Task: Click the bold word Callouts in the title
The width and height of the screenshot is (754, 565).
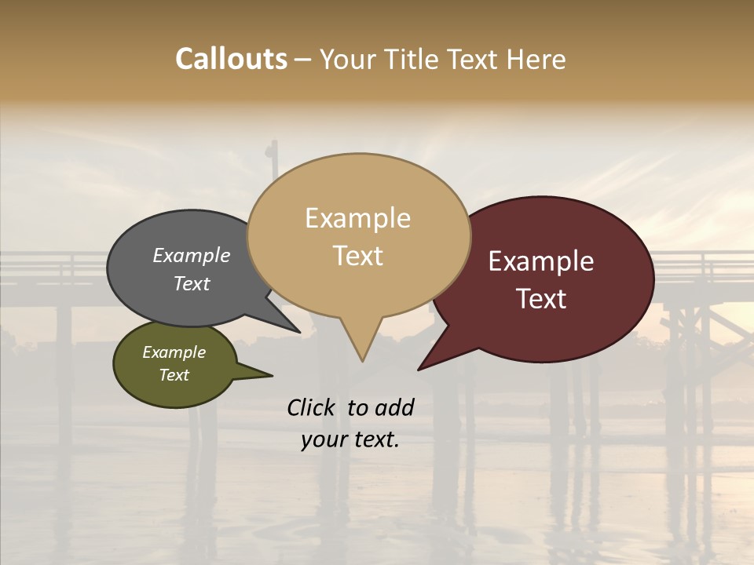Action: [231, 60]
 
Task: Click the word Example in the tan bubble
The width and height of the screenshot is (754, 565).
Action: [357, 218]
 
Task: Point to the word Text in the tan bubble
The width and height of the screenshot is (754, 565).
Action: [357, 256]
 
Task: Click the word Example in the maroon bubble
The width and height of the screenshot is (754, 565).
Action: [541, 261]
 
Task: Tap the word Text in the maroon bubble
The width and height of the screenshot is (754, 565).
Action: [542, 299]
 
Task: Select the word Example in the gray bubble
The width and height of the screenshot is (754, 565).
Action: [191, 256]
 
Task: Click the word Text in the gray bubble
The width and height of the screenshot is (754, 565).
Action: [191, 283]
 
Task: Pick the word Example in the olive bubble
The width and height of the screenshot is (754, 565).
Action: [174, 353]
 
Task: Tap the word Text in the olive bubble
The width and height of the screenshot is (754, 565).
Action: [174, 375]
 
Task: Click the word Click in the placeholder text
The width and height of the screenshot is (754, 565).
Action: [313, 407]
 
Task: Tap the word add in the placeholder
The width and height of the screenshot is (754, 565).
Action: [394, 407]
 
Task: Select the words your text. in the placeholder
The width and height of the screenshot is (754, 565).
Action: [350, 440]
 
